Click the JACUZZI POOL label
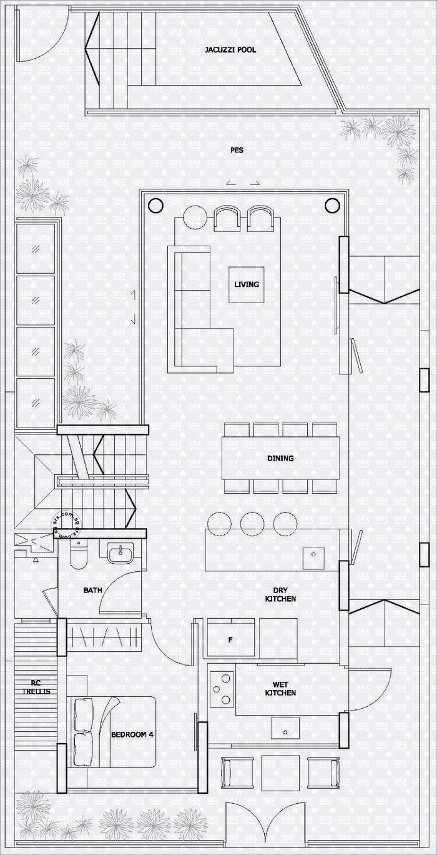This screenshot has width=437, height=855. [x=230, y=50]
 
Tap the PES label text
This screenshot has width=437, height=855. [x=236, y=150]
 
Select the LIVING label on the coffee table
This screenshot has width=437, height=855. [x=246, y=284]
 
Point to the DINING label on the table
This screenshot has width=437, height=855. [x=280, y=458]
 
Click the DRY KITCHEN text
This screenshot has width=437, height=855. [x=280, y=594]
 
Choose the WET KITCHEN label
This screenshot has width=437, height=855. [x=280, y=689]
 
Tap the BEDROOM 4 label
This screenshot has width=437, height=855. [x=132, y=734]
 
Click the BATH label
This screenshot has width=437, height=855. [x=92, y=589]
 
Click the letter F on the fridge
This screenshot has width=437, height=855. [x=230, y=640]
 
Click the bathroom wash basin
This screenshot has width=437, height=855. [x=120, y=552]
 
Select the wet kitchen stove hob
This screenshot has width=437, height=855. [x=221, y=689]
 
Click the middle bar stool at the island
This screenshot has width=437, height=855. [x=252, y=523]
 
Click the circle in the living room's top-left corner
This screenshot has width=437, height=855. [x=155, y=204]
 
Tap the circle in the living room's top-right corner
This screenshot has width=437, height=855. [x=332, y=204]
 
